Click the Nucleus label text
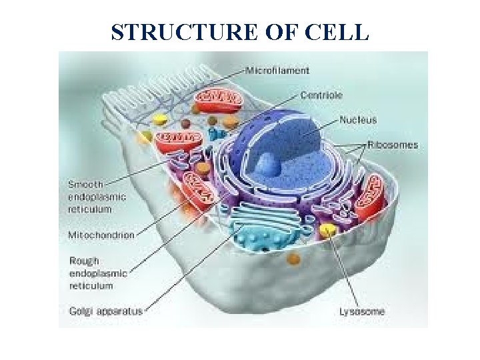coord(358,120)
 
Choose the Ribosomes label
coord(393,145)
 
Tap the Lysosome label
coord(361,311)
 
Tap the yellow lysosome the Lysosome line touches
coord(327,231)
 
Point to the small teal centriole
coord(215,133)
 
